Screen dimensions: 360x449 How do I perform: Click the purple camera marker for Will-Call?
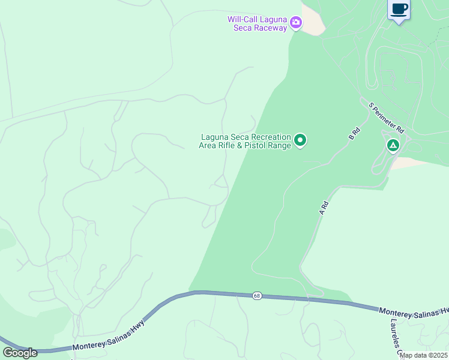point(295,23)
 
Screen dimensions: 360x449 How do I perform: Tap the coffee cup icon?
point(399,9)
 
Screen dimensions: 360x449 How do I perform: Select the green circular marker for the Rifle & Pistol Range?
point(300,140)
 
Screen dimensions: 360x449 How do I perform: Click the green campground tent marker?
point(393,145)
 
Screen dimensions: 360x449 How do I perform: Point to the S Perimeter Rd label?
point(387,118)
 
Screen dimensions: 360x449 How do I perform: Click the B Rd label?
point(354,133)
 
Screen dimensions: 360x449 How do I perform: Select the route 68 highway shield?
point(257,295)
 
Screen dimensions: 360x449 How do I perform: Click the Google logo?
point(20,352)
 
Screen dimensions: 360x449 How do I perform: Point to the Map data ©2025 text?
point(424,355)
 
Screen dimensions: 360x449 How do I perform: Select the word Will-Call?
point(241,19)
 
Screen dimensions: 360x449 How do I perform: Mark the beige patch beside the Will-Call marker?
point(313,21)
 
